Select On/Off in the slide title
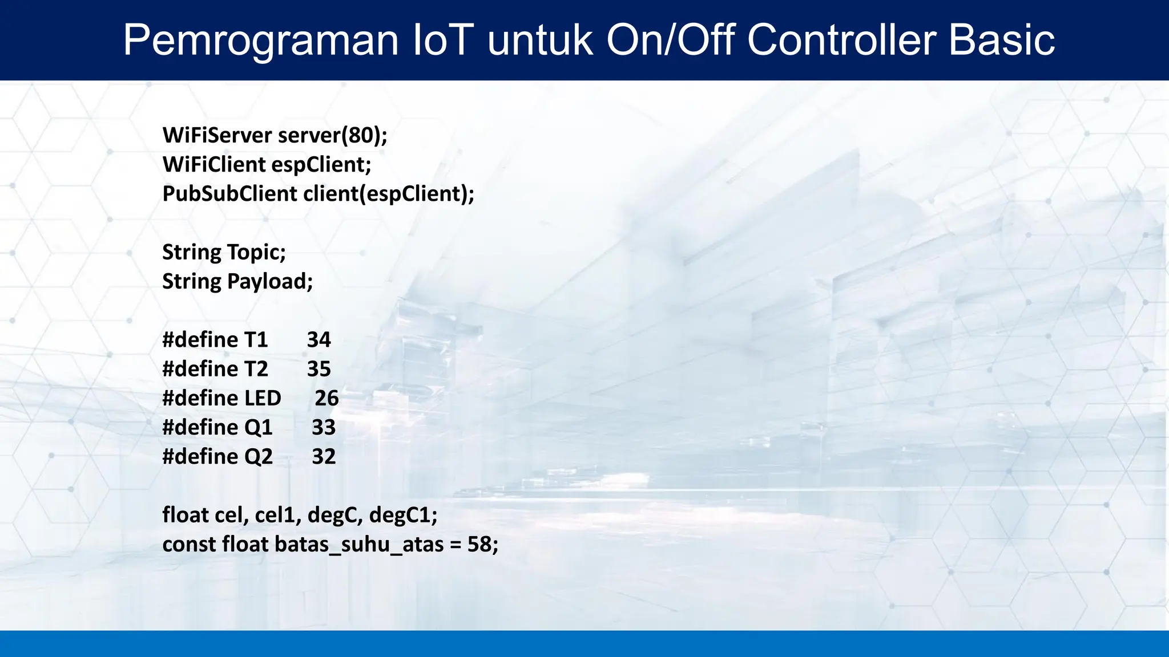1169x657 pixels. click(x=670, y=40)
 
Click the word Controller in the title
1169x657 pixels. click(x=842, y=40)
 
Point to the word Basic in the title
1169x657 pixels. click(x=1001, y=40)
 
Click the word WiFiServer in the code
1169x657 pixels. click(x=217, y=136)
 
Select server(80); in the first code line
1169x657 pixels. click(x=332, y=136)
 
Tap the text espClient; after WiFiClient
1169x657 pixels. click(x=321, y=165)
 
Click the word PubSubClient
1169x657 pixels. click(x=229, y=194)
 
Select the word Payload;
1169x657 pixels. click(x=270, y=282)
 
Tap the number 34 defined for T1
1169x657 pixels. click(x=319, y=340)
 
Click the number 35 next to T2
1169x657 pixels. click(x=319, y=369)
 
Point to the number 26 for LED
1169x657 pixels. click(x=326, y=398)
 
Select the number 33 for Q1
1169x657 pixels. click(x=323, y=428)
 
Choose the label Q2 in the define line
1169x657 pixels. click(x=259, y=457)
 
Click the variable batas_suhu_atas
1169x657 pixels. click(x=359, y=545)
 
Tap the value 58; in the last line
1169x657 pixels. click(x=482, y=545)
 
